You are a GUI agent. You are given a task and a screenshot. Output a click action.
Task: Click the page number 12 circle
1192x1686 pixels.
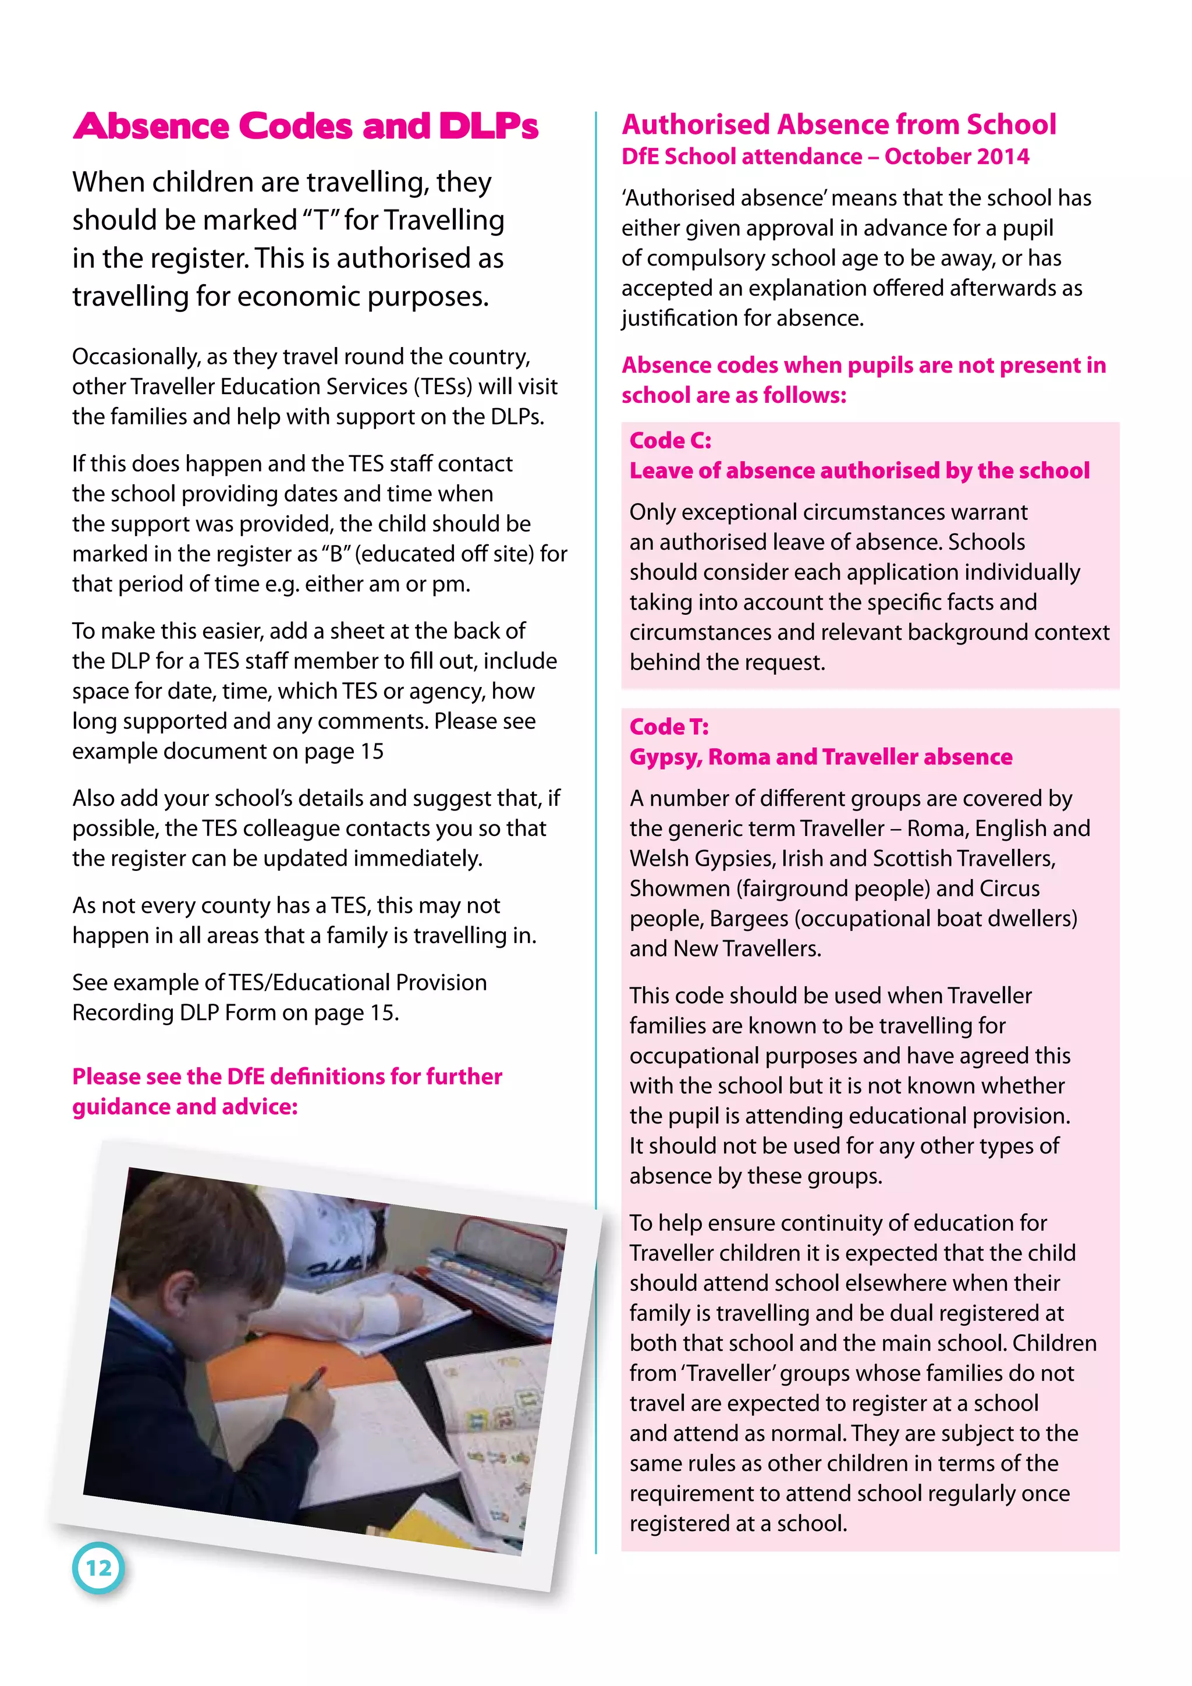[x=98, y=1568]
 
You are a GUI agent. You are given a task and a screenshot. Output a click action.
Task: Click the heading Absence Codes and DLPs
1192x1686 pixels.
[x=306, y=126]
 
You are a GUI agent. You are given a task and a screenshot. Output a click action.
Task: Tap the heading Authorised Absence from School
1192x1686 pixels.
[x=838, y=125]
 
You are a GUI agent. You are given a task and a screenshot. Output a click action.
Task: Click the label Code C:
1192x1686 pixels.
[x=670, y=441]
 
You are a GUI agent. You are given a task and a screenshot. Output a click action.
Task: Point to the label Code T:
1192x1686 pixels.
[x=669, y=727]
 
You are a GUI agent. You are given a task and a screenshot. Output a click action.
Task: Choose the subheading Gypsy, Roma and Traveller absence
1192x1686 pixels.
[x=820, y=757]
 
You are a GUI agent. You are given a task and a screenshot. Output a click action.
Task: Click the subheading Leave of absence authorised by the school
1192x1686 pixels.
[x=858, y=471]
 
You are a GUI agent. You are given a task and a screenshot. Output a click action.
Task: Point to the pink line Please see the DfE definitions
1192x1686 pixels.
[x=287, y=1076]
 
